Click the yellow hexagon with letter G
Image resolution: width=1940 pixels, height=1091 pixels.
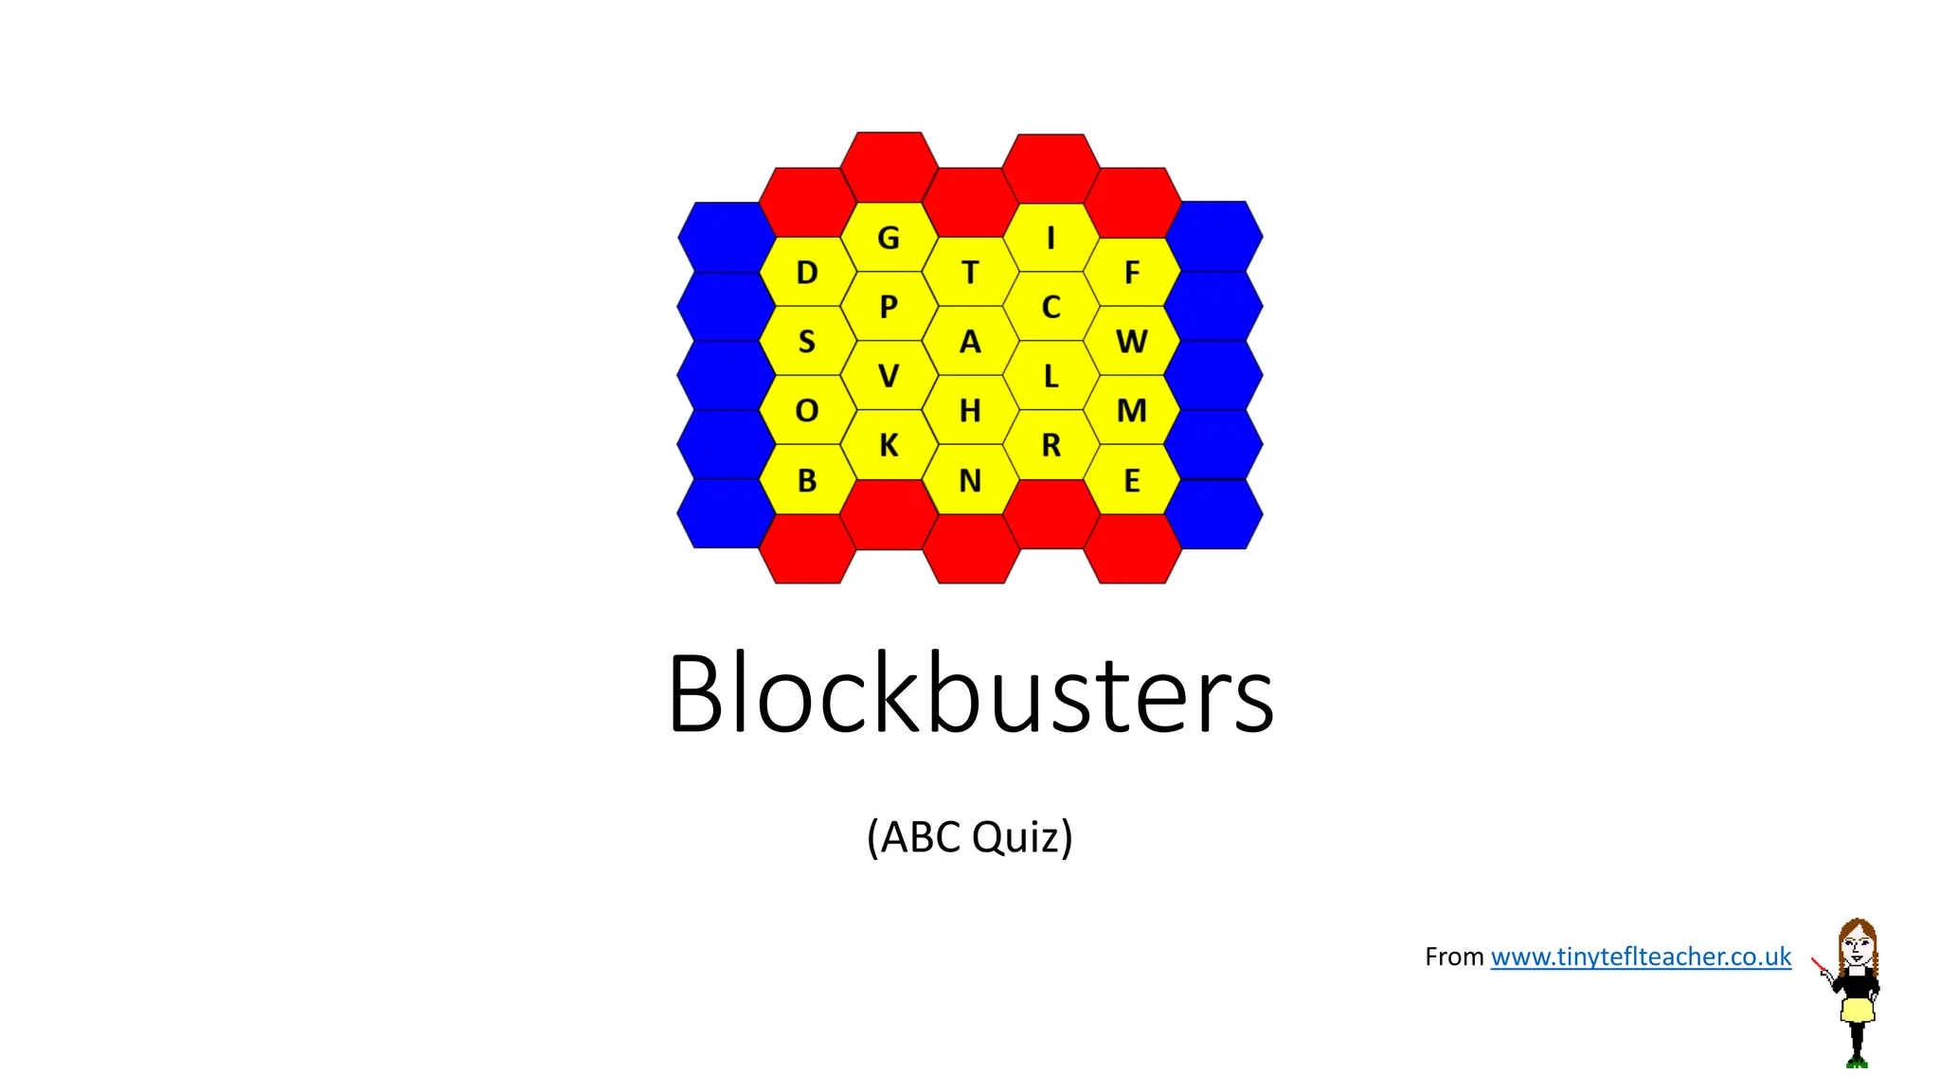click(889, 238)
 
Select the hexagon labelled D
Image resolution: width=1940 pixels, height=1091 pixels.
click(807, 273)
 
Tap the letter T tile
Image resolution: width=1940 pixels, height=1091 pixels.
click(970, 273)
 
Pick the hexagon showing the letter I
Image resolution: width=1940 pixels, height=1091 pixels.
click(1051, 238)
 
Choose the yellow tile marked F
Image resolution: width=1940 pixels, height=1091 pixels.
click(1132, 273)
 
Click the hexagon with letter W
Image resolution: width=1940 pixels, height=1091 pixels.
click(1132, 341)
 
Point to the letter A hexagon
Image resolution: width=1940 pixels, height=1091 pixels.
click(970, 341)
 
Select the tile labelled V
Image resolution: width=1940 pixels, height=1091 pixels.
click(889, 376)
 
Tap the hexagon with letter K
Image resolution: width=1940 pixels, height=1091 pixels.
click(889, 445)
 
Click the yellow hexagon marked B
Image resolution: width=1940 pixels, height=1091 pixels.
click(807, 480)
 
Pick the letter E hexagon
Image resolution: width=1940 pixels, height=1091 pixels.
click(1132, 480)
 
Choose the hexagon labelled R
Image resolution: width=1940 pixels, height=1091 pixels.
click(1051, 445)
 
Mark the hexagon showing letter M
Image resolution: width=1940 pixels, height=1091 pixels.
click(1132, 410)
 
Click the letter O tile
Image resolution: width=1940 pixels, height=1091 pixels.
click(807, 410)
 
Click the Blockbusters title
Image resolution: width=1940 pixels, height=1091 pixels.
click(970, 693)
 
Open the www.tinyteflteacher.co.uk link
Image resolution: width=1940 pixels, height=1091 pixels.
click(1641, 957)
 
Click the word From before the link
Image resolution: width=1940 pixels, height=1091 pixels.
click(1454, 957)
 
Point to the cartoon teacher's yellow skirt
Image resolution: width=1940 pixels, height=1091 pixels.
click(1858, 1010)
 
